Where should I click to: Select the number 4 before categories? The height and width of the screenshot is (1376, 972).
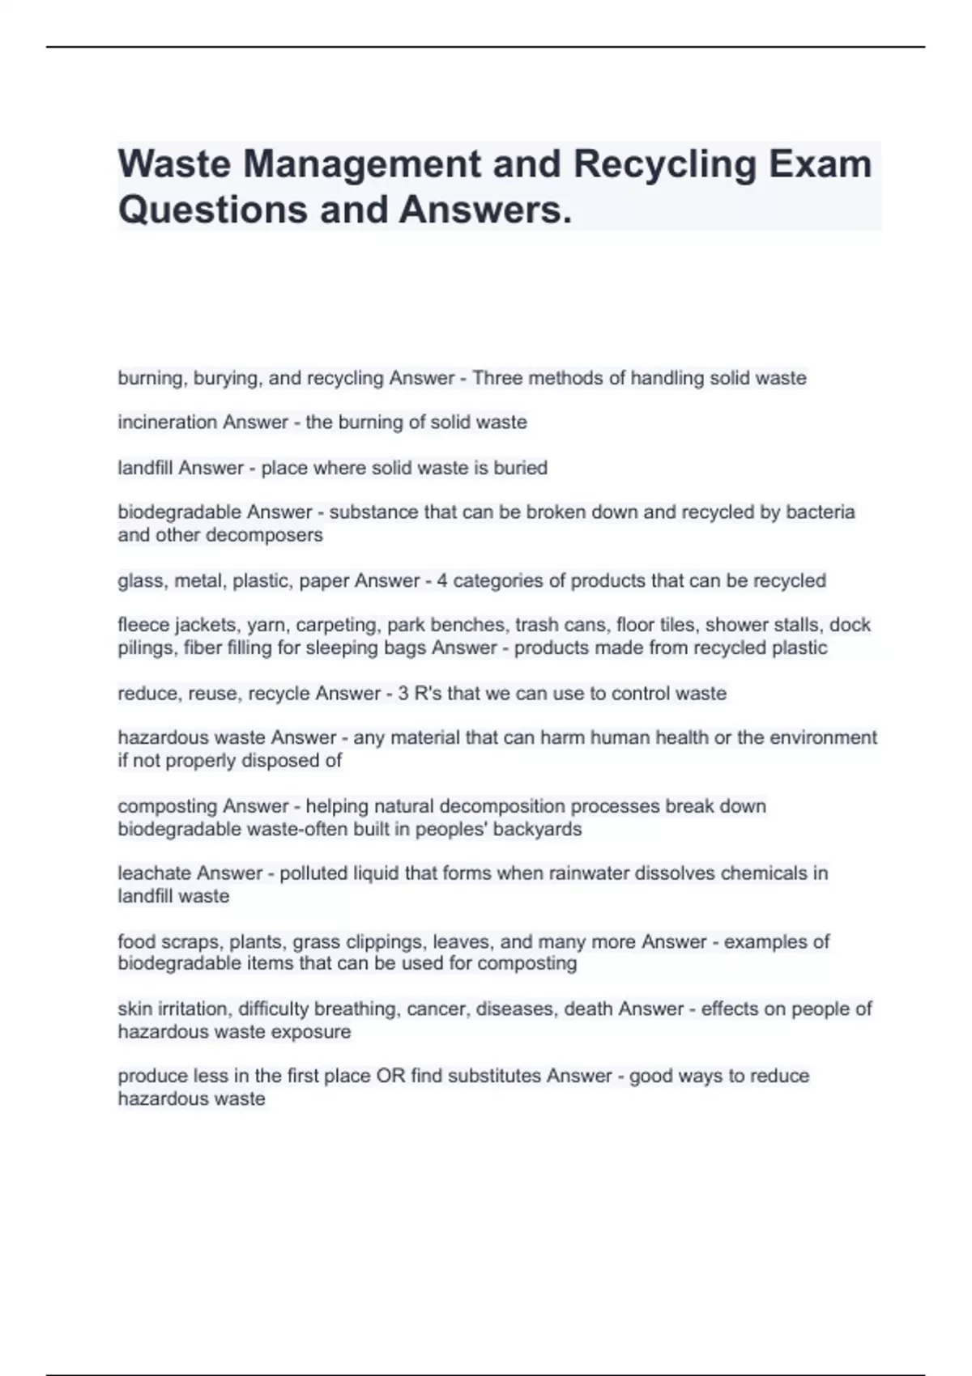(441, 580)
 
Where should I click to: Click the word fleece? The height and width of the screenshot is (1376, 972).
(143, 625)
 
